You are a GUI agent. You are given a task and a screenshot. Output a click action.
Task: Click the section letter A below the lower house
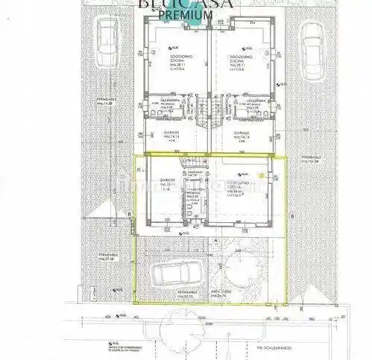(215, 241)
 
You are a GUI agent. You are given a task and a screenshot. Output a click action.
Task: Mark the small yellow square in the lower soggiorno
(261, 174)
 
